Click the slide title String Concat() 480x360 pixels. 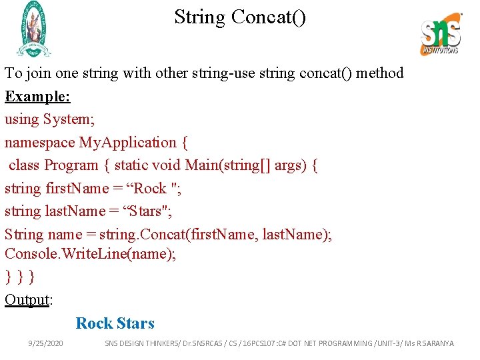pos(240,17)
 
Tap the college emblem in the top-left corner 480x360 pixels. pos(32,29)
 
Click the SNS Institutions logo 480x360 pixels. pos(441,33)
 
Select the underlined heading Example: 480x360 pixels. pos(37,96)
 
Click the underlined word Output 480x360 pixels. pos(27,300)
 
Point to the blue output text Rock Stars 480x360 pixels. pos(115,323)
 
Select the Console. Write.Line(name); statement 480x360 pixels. pos(91,254)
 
